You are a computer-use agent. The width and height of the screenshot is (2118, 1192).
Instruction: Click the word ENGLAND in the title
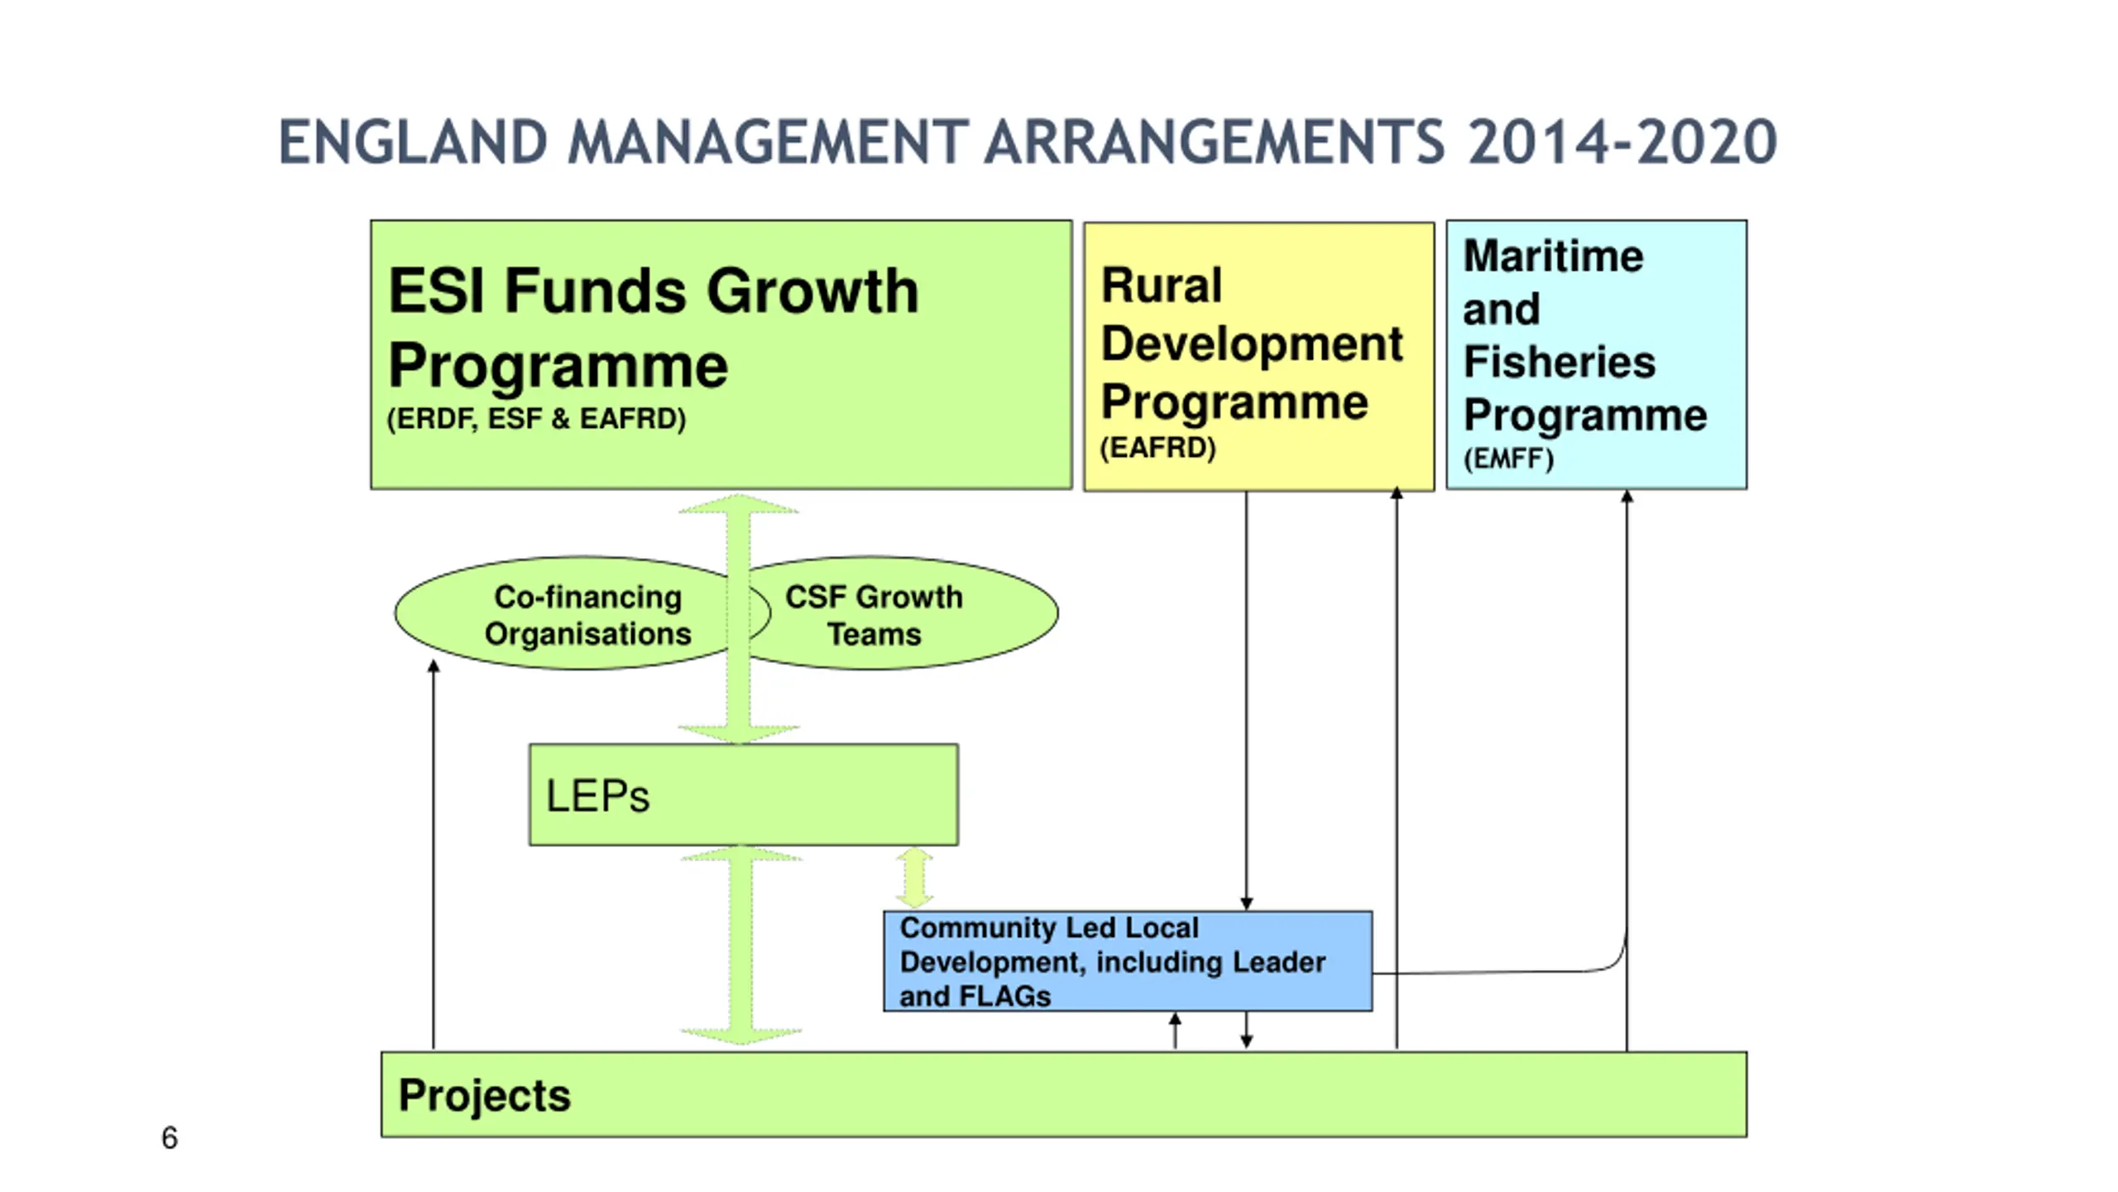(413, 142)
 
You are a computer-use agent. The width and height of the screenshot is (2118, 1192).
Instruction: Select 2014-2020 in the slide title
(1622, 142)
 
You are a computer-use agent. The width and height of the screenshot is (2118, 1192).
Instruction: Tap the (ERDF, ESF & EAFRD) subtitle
(536, 419)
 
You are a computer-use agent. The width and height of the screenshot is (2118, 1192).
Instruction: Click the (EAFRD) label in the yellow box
(1157, 448)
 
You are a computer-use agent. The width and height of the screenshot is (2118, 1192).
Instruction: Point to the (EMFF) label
(1508, 459)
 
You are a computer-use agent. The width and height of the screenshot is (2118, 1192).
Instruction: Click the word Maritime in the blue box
(1553, 256)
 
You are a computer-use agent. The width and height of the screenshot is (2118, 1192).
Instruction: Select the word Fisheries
(1559, 362)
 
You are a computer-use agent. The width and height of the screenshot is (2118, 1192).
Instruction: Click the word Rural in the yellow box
(1161, 286)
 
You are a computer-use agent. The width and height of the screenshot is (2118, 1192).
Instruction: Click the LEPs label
(597, 796)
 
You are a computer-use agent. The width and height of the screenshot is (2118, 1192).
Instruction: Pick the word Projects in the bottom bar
(484, 1095)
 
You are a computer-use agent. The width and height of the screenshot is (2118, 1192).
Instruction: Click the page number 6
(170, 1138)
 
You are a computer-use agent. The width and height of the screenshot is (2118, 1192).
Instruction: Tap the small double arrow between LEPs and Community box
(914, 877)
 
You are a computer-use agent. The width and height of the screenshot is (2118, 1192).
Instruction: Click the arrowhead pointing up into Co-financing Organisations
(434, 666)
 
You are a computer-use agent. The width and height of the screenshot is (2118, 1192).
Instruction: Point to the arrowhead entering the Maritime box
(1627, 497)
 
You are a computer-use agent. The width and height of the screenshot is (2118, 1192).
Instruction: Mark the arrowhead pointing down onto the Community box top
(1247, 903)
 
